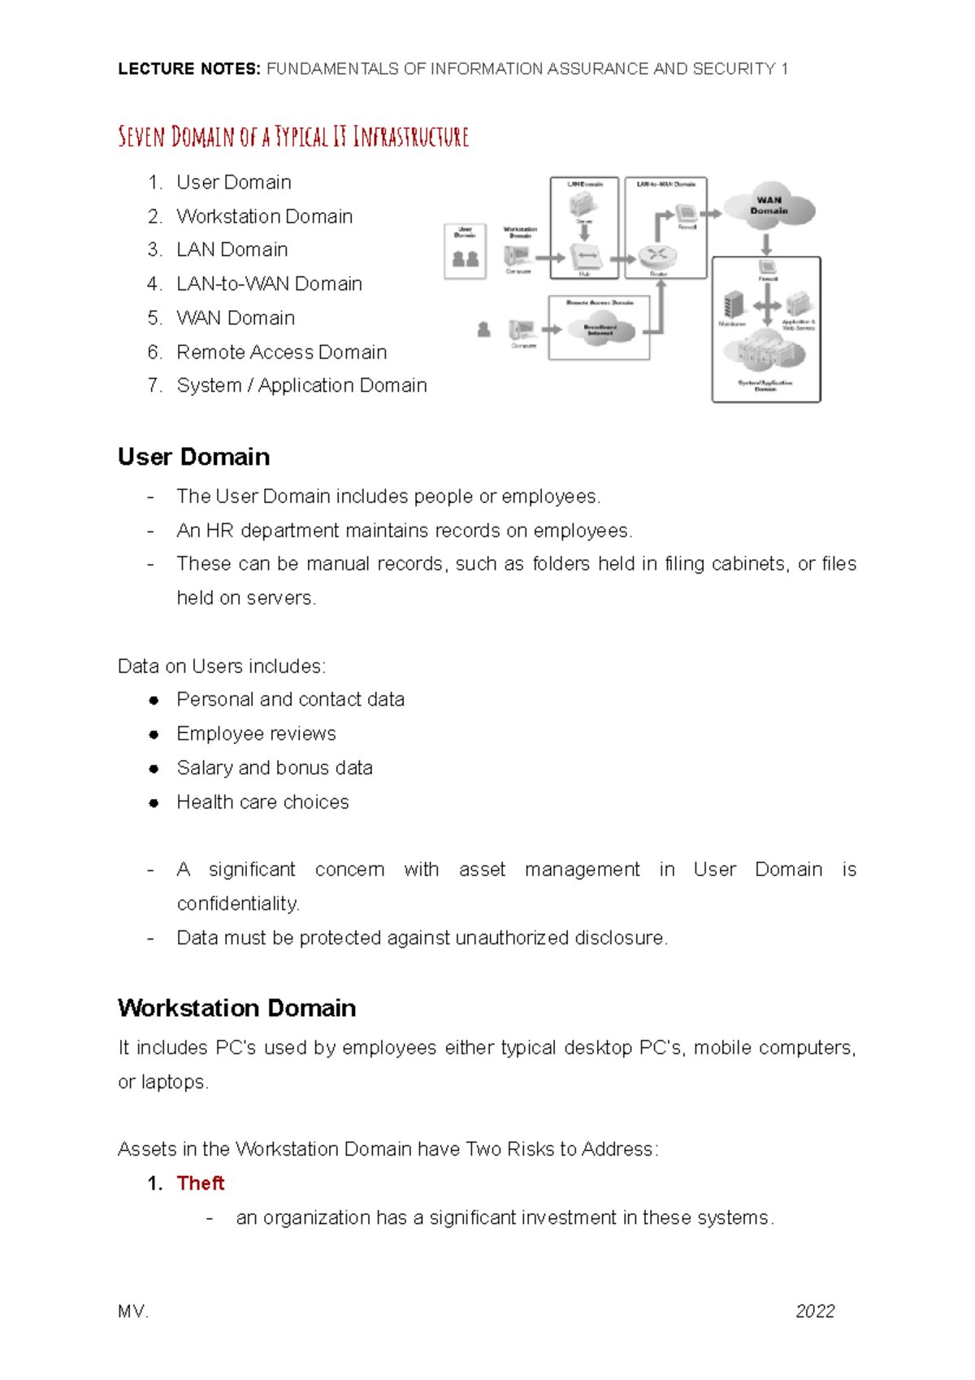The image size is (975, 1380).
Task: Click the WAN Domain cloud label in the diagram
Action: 769,206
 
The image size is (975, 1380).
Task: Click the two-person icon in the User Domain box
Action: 465,259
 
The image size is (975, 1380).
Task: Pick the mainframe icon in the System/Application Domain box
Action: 734,305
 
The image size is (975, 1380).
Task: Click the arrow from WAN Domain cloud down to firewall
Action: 766,243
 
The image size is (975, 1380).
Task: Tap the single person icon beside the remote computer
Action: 484,329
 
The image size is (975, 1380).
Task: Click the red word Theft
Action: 200,1183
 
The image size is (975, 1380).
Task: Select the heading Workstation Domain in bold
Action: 236,1008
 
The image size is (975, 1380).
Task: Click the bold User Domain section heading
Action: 193,457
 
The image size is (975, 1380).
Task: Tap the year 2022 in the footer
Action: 815,1311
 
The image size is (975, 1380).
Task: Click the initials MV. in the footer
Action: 133,1311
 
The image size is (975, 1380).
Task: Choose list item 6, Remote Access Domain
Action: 281,352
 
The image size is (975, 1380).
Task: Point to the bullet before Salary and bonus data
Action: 154,768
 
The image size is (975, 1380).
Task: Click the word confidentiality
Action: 238,904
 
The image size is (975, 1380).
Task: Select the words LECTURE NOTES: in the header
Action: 188,69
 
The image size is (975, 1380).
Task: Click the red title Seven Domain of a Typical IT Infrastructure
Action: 293,137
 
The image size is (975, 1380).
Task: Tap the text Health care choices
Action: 262,802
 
